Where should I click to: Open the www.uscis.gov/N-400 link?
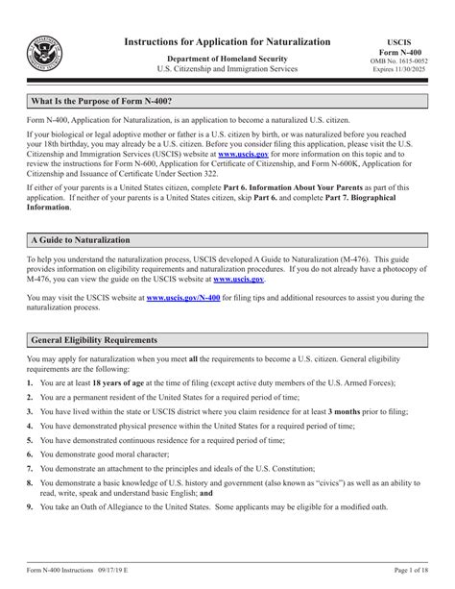coord(180,299)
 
